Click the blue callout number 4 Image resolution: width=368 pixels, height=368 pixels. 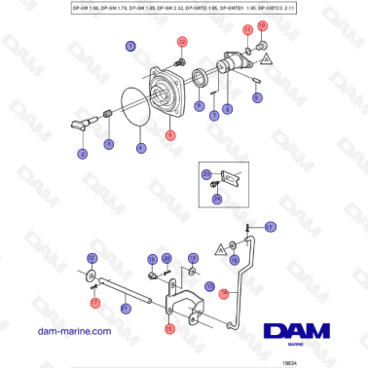point(141,148)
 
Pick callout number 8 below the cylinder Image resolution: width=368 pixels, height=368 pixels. point(227,109)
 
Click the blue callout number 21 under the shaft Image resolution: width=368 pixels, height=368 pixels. point(126,309)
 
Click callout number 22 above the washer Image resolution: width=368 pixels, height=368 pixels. point(92,258)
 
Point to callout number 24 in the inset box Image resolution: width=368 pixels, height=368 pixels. point(216,198)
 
